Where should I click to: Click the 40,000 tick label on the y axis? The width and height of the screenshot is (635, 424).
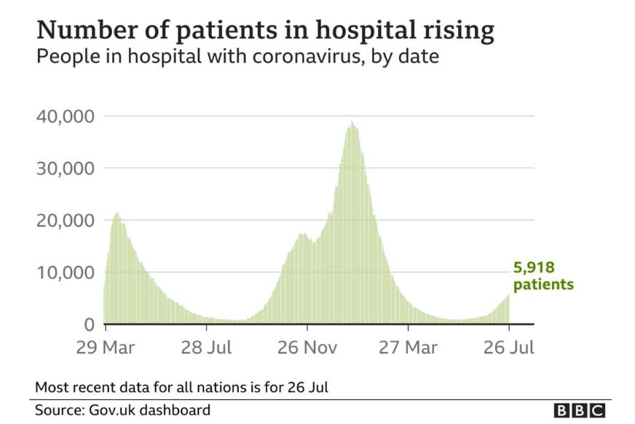[63, 117]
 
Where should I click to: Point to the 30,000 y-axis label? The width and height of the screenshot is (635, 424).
[63, 168]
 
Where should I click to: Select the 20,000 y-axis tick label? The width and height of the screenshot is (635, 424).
[63, 221]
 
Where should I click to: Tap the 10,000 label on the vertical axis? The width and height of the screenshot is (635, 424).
[63, 272]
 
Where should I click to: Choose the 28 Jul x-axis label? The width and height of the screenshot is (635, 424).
[206, 347]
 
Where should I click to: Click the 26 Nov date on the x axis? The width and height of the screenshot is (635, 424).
[307, 347]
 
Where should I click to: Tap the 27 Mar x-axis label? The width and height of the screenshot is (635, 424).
[408, 347]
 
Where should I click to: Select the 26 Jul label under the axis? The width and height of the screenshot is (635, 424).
[509, 347]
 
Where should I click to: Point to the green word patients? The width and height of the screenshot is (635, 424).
[543, 284]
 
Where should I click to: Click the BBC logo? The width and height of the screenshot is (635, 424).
[579, 410]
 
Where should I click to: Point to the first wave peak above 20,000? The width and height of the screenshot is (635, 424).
[117, 213]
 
